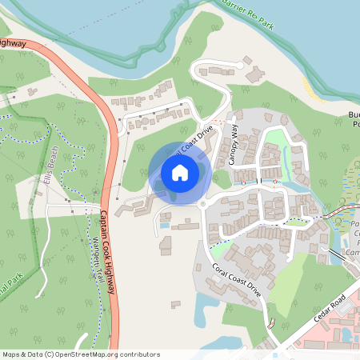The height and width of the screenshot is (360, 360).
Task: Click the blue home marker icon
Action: coord(180,173)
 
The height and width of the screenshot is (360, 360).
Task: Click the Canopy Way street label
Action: coord(234,145)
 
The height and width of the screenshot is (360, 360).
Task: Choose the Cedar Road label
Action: coord(330,307)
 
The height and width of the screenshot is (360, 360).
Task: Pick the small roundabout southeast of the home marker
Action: coord(204,205)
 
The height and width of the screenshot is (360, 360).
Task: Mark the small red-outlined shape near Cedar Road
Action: coord(272,324)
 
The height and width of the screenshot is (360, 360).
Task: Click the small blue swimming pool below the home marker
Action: coord(165,226)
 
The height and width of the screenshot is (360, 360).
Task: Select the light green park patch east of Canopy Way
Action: coord(276,138)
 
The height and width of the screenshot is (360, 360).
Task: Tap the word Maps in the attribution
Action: coord(11,354)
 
